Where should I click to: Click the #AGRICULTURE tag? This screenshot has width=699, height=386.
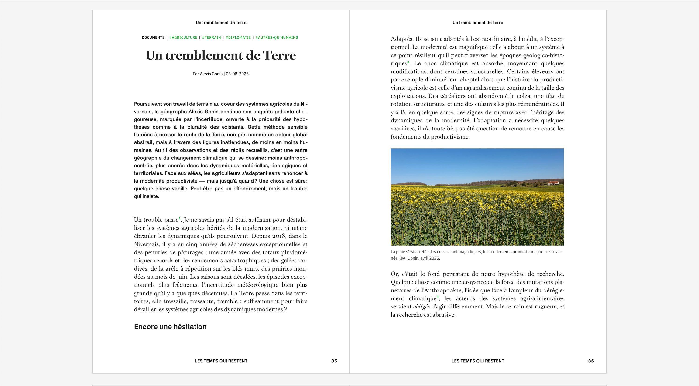point(183,38)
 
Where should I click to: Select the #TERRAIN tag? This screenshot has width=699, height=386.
point(211,38)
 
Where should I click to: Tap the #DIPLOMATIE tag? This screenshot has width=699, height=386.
point(238,38)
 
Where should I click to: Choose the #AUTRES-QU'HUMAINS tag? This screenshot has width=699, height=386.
point(277,38)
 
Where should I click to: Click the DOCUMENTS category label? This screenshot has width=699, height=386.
point(153,38)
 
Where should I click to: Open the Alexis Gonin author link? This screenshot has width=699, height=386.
point(211,74)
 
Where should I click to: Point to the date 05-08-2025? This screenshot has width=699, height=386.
point(237,74)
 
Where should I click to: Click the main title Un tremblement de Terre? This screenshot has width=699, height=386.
point(221,56)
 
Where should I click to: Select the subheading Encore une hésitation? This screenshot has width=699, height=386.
point(170,327)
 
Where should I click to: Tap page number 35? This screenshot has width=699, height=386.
point(334,361)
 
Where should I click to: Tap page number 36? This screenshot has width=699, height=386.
point(591,361)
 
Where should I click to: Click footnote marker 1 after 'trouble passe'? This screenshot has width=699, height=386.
point(180,218)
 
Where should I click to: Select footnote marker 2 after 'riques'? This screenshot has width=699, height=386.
point(408,62)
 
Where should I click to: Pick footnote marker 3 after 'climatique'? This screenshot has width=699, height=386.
point(437,297)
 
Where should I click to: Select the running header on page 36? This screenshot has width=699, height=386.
point(478,23)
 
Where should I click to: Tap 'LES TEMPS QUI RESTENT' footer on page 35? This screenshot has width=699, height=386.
point(221,361)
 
